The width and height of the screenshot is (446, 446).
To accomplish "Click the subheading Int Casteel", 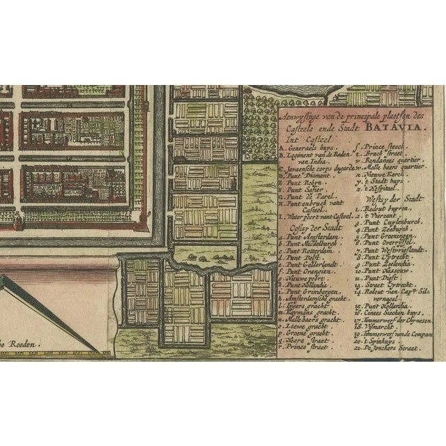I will [297, 138].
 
